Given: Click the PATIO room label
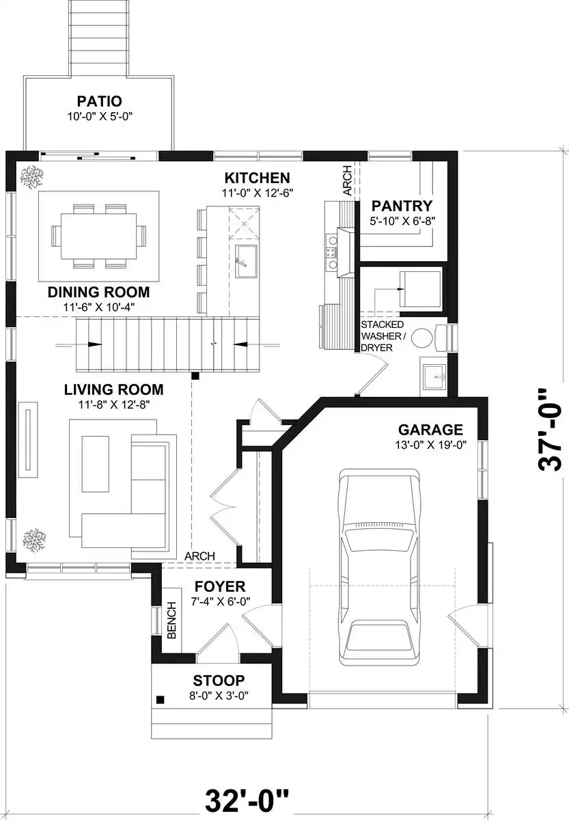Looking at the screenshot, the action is pyautogui.click(x=100, y=100).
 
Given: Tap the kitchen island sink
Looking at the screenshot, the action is pyautogui.click(x=246, y=261).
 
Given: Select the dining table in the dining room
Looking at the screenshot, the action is pyautogui.click(x=98, y=236).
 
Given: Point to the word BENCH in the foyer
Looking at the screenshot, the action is pyautogui.click(x=171, y=620).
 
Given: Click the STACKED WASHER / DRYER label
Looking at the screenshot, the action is pyautogui.click(x=383, y=336).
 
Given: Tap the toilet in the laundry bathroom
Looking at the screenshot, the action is pyautogui.click(x=428, y=337).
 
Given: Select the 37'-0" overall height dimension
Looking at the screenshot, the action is pyautogui.click(x=550, y=429).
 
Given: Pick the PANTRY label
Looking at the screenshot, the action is pyautogui.click(x=402, y=206).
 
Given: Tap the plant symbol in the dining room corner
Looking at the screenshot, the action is pyautogui.click(x=32, y=177).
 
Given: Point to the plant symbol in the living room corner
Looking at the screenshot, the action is pyautogui.click(x=34, y=540).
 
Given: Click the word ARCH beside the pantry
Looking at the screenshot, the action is pyautogui.click(x=347, y=180).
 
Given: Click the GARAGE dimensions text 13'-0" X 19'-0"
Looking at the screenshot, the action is pyautogui.click(x=430, y=445).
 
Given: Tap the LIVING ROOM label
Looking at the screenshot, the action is pyautogui.click(x=114, y=390).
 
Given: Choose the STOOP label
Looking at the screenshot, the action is pyautogui.click(x=219, y=681).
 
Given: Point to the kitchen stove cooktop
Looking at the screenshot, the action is pyautogui.click(x=331, y=252).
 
